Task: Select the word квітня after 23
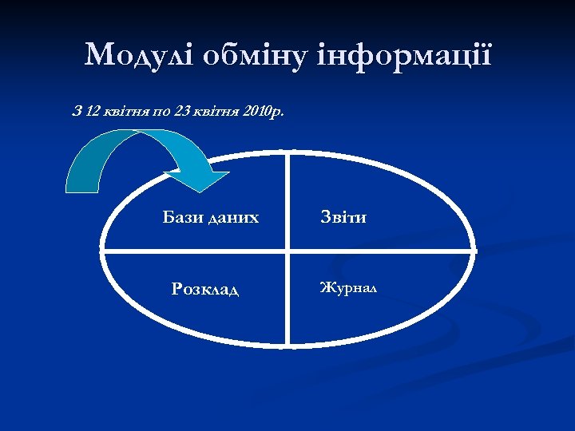pos(215,111)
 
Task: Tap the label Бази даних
pos(211,216)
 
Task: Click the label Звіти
pos(343,216)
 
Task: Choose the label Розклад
pos(205,288)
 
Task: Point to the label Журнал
pos(349,287)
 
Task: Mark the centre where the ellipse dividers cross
pos(288,251)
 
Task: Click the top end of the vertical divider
pos(288,152)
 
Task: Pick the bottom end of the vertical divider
pos(288,346)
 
